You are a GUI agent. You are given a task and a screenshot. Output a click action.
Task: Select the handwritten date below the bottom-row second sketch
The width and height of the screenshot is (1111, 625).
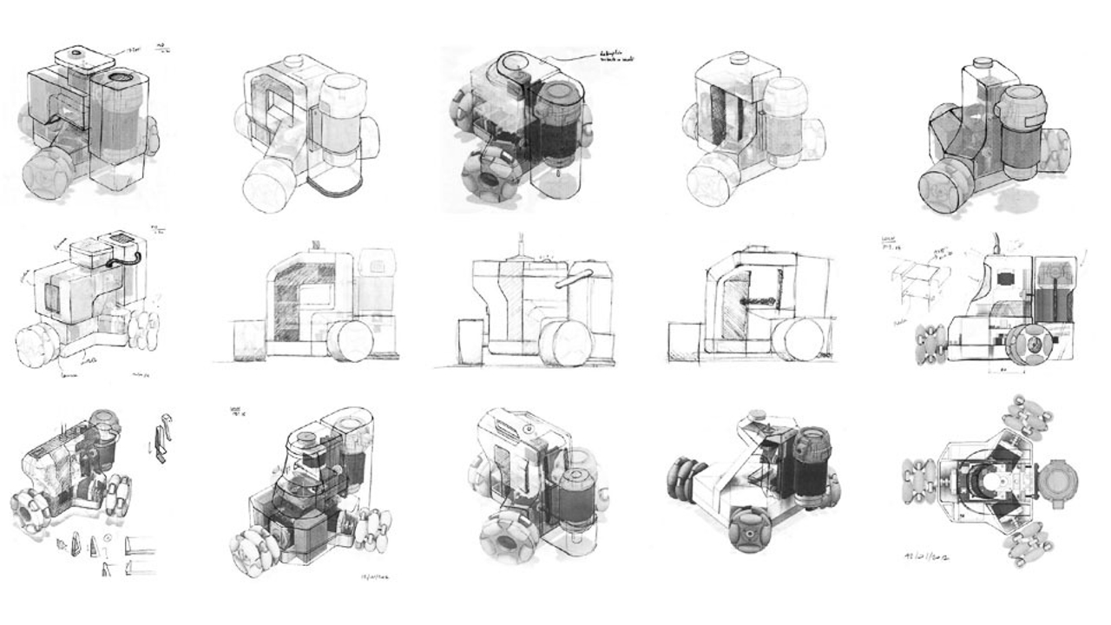[376, 575]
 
